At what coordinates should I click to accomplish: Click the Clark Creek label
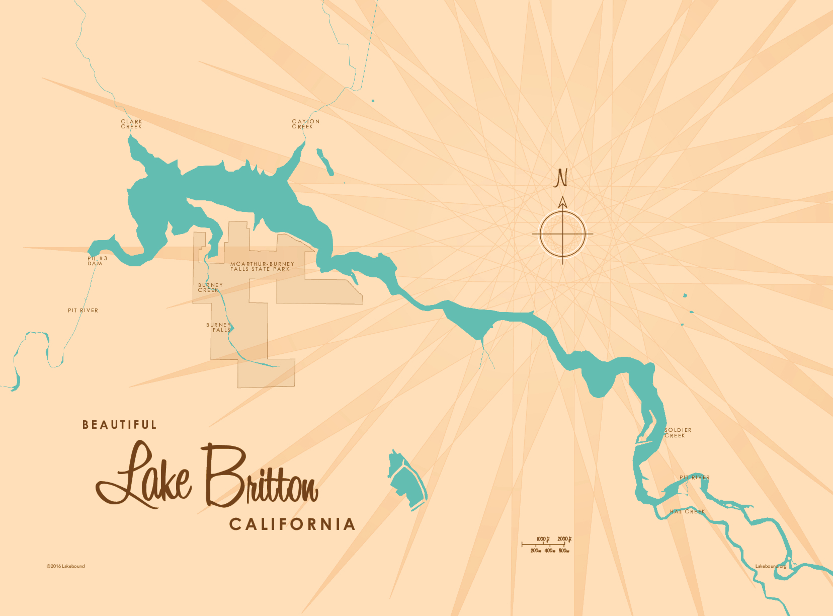coord(131,124)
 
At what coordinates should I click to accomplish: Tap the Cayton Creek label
coord(305,124)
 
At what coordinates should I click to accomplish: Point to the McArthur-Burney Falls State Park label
coord(262,266)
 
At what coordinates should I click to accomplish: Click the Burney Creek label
coord(210,288)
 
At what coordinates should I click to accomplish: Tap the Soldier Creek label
coord(678,433)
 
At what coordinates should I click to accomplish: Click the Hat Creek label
coord(687,512)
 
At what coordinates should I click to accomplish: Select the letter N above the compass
coord(560,178)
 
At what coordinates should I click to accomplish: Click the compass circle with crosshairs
coord(563,234)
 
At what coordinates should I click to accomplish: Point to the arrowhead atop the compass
coord(563,202)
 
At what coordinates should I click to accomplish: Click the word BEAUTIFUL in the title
coord(119,425)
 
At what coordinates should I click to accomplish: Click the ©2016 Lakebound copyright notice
coord(66,566)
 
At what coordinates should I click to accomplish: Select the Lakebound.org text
coord(771,566)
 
